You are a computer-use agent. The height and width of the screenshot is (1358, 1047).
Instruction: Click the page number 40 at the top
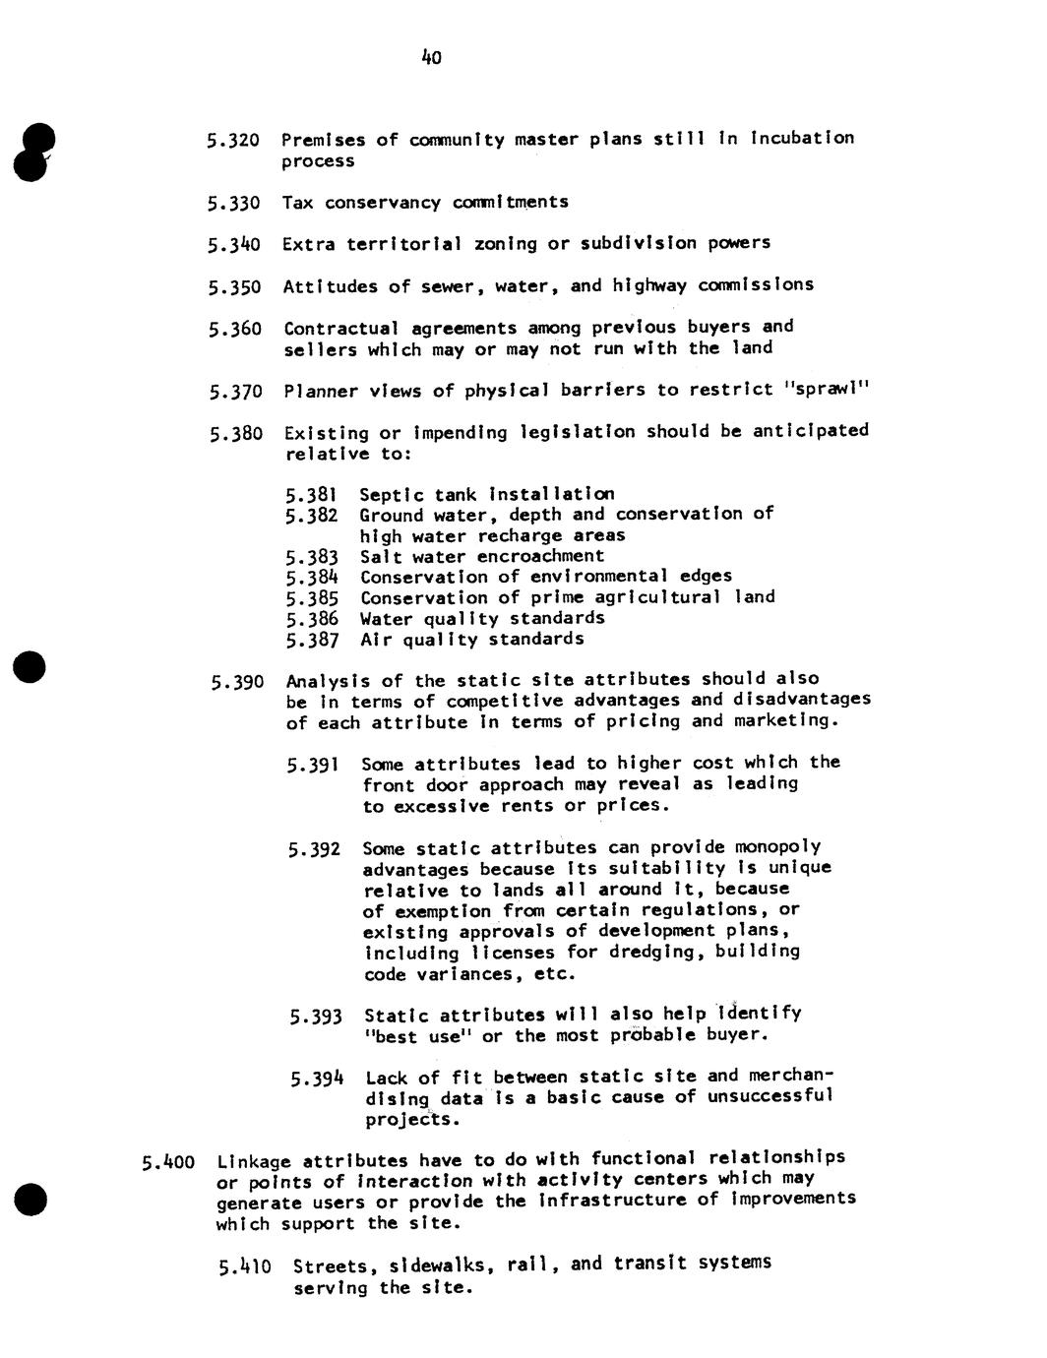pos(431,58)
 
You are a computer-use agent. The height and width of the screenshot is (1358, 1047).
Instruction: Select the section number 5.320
pos(233,141)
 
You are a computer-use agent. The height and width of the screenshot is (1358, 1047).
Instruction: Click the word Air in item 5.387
pos(376,640)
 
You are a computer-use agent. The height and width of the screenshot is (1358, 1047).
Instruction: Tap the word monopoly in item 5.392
pos(779,847)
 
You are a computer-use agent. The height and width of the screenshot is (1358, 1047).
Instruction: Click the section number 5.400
pos(168,1163)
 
